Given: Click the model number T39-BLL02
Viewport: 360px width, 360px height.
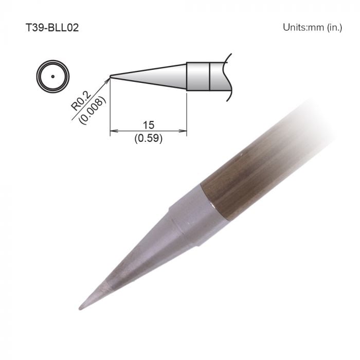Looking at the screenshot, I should click(x=51, y=27).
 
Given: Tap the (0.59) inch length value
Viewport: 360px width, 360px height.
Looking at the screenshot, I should click(x=149, y=138).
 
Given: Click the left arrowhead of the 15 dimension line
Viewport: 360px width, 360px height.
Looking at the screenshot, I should click(x=114, y=132).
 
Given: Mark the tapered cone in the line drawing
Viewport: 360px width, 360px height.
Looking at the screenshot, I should click(x=154, y=77).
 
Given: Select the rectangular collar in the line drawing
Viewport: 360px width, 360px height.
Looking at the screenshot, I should click(x=198, y=76).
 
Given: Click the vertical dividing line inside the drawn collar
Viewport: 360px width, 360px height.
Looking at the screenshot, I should click(x=210, y=76).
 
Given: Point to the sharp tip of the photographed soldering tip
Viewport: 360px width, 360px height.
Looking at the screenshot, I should click(x=80, y=308).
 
